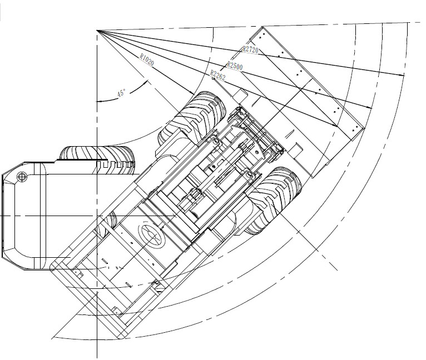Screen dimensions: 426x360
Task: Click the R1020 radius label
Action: click(x=147, y=60)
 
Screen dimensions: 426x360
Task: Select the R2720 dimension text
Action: click(x=250, y=49)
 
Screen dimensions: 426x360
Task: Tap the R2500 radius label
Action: click(x=235, y=66)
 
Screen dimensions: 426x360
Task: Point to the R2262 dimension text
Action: click(x=218, y=75)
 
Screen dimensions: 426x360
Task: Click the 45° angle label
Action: click(x=121, y=93)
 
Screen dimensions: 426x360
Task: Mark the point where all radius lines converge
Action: click(x=97, y=31)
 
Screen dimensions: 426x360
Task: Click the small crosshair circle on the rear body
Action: click(x=22, y=177)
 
